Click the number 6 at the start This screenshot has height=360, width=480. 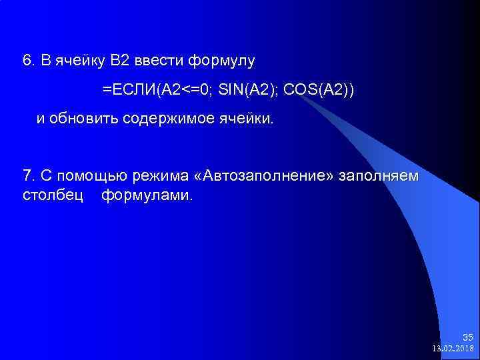coord(27,61)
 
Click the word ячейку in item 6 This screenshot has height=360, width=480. coord(78,61)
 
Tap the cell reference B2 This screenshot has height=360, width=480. coord(120,61)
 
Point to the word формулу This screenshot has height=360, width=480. coord(221,61)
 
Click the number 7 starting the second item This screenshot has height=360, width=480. coord(27,176)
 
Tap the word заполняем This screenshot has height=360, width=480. coord(379,176)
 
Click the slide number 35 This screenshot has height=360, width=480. coord(468,337)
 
